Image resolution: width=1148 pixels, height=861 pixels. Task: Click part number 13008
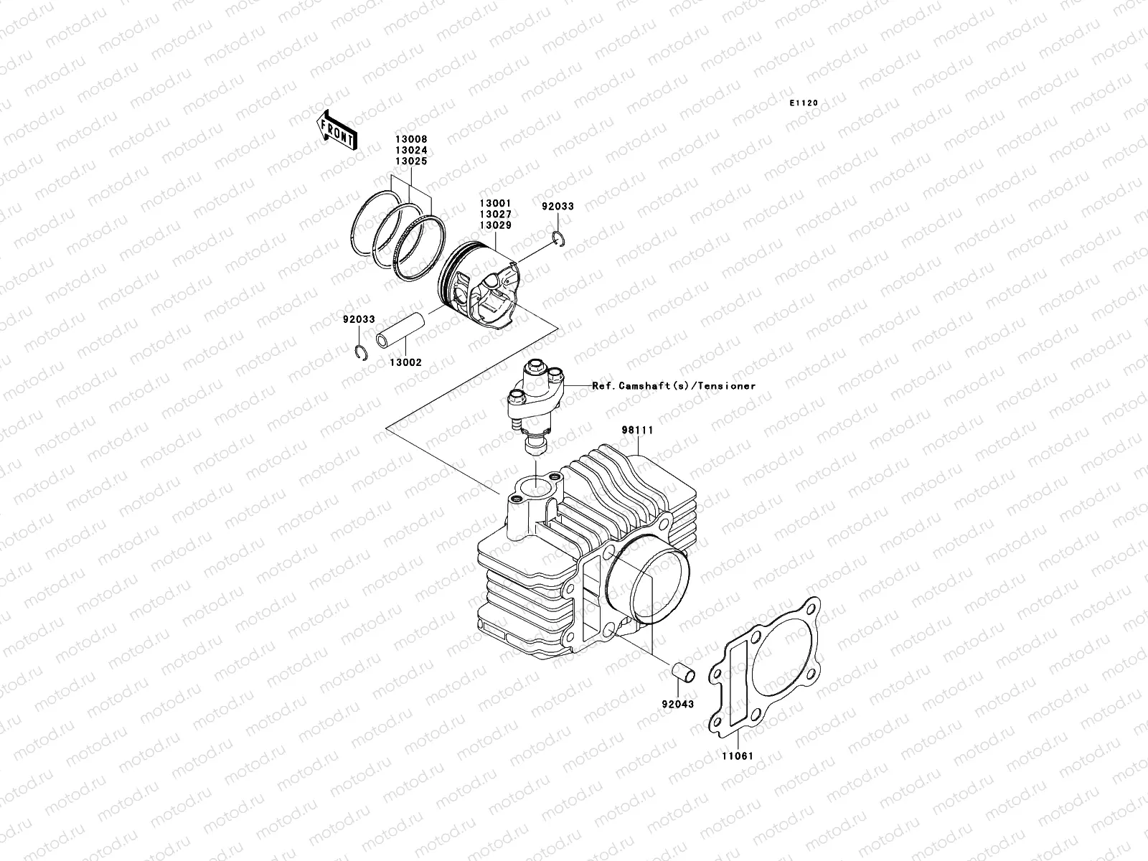(410, 141)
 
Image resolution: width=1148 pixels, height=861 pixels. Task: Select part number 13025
(410, 161)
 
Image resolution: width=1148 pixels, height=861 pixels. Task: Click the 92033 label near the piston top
(557, 207)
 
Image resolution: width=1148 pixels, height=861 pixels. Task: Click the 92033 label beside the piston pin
(359, 319)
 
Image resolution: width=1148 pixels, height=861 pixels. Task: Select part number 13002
(405, 362)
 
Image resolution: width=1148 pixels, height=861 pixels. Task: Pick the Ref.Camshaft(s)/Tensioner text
(674, 386)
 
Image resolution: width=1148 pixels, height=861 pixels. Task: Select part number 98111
(637, 430)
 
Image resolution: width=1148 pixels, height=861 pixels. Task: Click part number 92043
(677, 704)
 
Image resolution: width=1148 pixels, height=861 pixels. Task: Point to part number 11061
(738, 756)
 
